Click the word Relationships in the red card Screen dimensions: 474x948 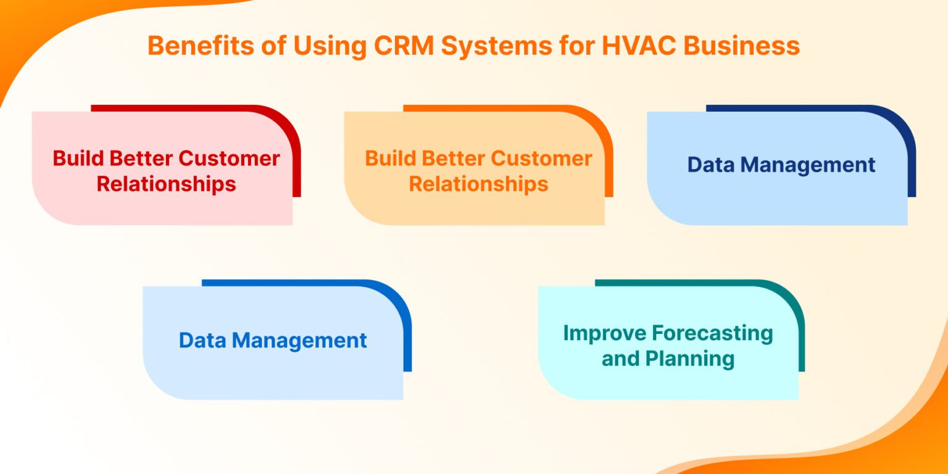(x=166, y=184)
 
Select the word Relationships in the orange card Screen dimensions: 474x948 (x=478, y=184)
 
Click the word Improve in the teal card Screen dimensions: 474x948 (x=604, y=333)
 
